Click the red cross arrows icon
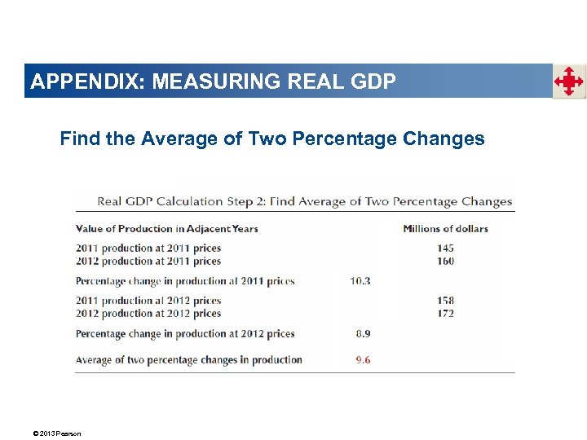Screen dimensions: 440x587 [x=569, y=81]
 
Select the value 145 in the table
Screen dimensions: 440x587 [x=444, y=248]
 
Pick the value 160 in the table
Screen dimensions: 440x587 [x=444, y=261]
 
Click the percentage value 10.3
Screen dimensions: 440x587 [x=360, y=281]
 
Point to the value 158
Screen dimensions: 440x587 [x=444, y=301]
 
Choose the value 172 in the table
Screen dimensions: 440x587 [x=444, y=313]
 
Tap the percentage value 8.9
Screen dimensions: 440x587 [x=363, y=333]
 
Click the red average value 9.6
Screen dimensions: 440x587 [x=363, y=359]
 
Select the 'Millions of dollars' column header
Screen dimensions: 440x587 [x=445, y=228]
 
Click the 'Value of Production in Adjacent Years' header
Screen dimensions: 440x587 [x=166, y=228]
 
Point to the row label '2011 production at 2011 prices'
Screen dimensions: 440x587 [x=148, y=248]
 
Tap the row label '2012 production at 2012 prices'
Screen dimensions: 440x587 [x=148, y=313]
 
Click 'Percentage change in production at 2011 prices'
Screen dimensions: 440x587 [x=185, y=281]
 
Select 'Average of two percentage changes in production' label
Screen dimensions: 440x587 [x=188, y=359]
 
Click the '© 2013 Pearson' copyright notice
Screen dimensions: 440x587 [x=58, y=433]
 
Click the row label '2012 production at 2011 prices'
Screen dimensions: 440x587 [x=148, y=261]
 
